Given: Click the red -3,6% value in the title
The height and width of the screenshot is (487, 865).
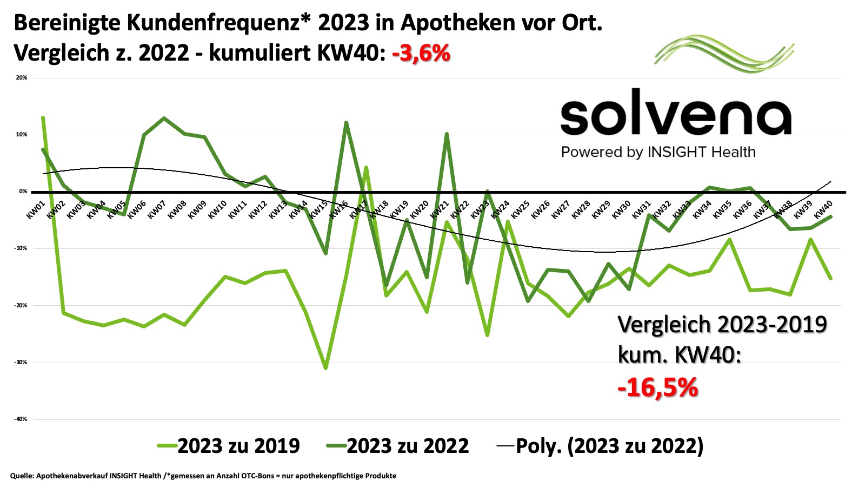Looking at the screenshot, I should click(421, 53).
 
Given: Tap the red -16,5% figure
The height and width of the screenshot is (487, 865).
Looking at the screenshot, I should click(657, 387).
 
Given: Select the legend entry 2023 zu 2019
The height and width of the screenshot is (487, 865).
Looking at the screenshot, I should click(229, 446).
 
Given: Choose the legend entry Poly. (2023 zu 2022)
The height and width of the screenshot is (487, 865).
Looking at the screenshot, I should click(600, 446).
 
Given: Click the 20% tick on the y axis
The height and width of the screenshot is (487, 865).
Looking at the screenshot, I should click(22, 78).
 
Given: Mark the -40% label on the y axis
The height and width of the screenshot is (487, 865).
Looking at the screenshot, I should click(21, 419).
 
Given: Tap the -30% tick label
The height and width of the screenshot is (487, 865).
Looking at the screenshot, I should click(21, 363).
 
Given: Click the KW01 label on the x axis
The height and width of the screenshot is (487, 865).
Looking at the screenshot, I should click(36, 209).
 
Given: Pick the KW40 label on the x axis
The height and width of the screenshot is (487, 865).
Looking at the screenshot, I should click(823, 209).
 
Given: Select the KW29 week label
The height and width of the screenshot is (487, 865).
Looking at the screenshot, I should click(601, 209).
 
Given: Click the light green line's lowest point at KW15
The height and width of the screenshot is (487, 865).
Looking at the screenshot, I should click(325, 368).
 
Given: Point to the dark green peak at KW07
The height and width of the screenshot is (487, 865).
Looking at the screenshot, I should click(164, 118).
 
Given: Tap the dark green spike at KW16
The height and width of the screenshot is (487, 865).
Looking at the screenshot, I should click(346, 123).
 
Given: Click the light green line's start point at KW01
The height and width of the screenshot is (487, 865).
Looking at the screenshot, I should click(43, 117).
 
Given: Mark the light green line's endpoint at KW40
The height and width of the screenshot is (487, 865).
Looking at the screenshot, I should click(830, 279).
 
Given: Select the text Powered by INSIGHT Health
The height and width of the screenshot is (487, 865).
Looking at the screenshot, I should click(658, 152).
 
